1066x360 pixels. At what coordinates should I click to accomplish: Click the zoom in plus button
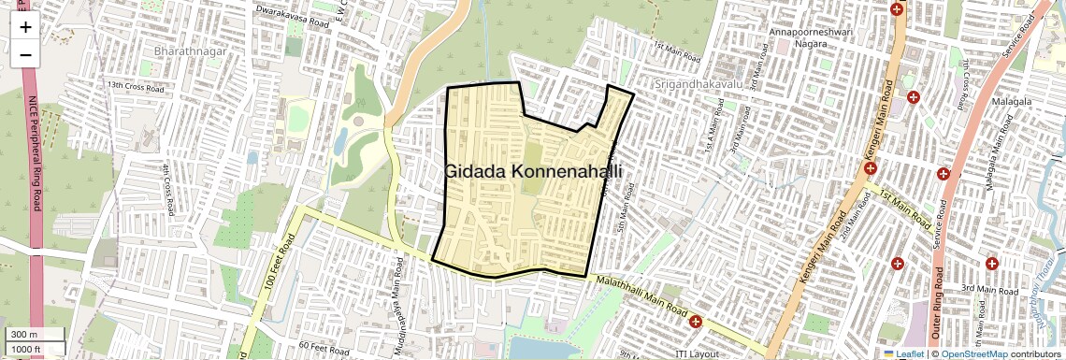click(x=25, y=27)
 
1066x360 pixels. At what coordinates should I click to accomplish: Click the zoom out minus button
click(x=25, y=54)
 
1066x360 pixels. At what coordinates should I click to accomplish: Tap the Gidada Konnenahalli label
click(x=533, y=171)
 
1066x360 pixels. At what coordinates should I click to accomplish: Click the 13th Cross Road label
click(x=136, y=88)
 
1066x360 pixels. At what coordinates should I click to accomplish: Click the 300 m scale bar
click(x=36, y=335)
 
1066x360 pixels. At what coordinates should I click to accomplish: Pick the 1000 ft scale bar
click(x=36, y=349)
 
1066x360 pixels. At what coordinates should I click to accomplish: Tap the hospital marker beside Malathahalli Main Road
click(x=695, y=323)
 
